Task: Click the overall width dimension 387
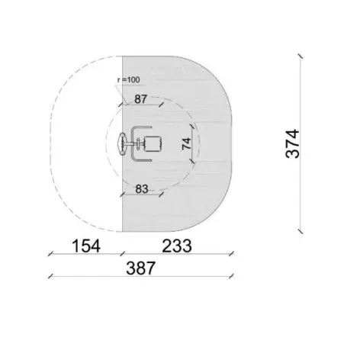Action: click(x=140, y=268)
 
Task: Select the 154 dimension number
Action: click(x=86, y=246)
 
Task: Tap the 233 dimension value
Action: click(x=177, y=246)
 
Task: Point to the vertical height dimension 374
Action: click(x=292, y=143)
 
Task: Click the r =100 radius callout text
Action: click(x=129, y=80)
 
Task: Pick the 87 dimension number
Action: click(x=140, y=99)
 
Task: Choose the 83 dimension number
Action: click(x=142, y=189)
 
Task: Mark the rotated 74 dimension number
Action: click(x=186, y=143)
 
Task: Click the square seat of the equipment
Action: click(x=153, y=144)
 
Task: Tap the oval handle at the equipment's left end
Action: click(x=122, y=144)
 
